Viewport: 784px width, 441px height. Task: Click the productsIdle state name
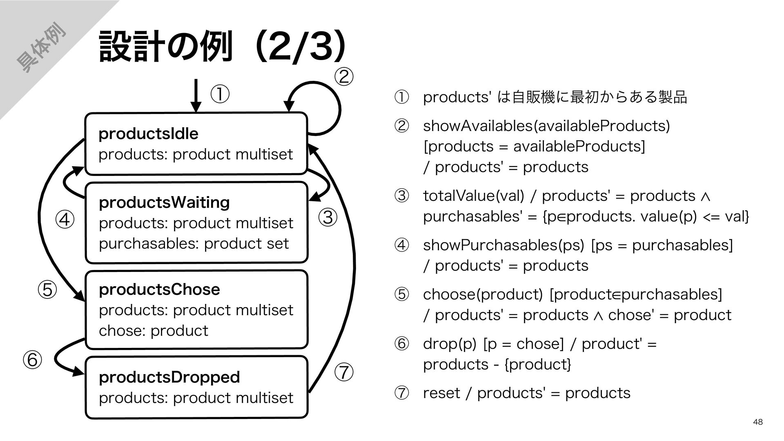click(148, 134)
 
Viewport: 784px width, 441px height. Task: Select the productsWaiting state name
click(164, 203)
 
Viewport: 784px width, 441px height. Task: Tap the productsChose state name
click(159, 290)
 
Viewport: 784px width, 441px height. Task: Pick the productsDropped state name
click(169, 377)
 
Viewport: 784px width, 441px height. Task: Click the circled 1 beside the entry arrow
click(220, 95)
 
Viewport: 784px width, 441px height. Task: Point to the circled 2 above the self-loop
click(343, 77)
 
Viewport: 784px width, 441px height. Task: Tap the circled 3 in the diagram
click(328, 217)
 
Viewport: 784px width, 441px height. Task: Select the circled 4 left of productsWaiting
click(65, 220)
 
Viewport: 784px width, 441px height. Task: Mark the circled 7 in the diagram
click(344, 372)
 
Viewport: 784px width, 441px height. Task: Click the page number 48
click(758, 422)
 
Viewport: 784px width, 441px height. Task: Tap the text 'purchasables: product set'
click(194, 244)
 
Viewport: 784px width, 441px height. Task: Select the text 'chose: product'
click(154, 330)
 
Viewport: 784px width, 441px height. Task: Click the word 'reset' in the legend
click(441, 393)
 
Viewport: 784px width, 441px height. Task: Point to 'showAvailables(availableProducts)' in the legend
click(546, 126)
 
